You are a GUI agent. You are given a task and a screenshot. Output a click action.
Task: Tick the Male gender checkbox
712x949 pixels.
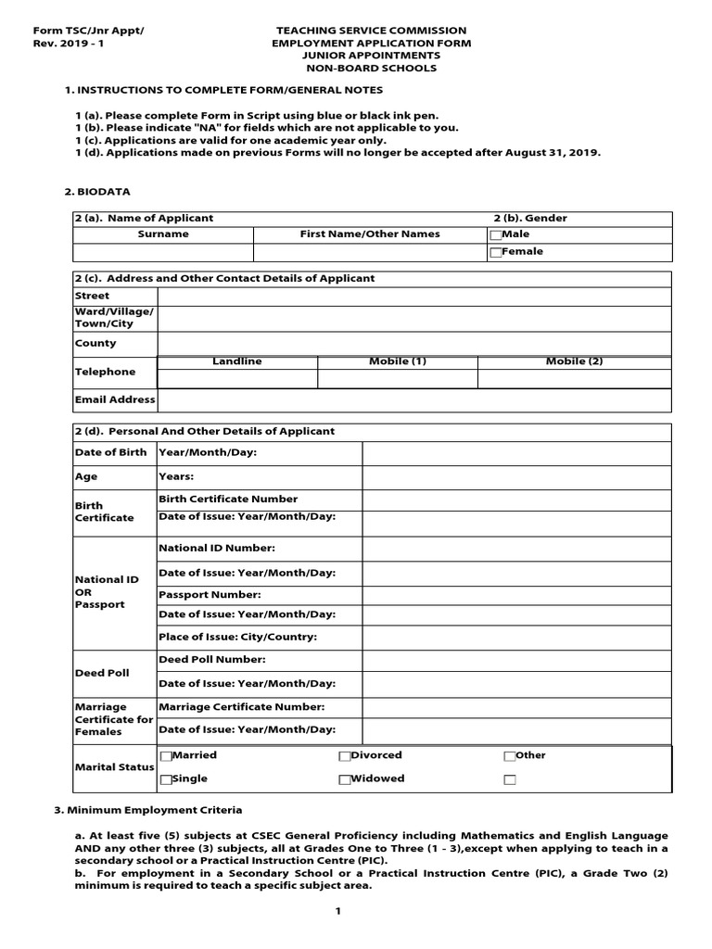click(495, 235)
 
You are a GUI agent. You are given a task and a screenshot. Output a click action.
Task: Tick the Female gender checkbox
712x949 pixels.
click(495, 252)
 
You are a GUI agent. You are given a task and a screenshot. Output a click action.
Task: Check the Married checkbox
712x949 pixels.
click(166, 756)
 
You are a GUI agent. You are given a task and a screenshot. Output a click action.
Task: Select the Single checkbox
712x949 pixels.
click(166, 780)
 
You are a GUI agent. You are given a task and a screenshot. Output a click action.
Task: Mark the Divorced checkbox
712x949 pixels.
click(344, 756)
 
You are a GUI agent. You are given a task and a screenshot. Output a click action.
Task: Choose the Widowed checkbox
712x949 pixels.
click(344, 780)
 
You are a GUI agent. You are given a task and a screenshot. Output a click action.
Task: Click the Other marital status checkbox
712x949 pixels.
click(509, 756)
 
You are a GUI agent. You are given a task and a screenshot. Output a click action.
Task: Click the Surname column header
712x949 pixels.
click(163, 234)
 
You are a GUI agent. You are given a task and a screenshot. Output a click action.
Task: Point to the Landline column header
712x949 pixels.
click(237, 361)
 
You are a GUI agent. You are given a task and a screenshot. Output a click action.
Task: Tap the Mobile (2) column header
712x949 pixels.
click(574, 361)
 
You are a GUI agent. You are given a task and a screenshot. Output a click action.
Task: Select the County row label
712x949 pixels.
click(95, 343)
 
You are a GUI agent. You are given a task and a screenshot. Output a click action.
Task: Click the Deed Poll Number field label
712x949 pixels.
click(212, 660)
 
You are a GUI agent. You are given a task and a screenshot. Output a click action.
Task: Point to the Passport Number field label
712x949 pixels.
click(210, 594)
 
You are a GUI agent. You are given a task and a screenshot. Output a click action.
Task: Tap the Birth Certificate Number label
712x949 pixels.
click(228, 500)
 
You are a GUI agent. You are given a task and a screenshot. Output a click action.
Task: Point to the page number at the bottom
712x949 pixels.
click(338, 912)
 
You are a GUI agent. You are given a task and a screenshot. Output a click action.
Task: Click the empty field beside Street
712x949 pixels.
click(414, 297)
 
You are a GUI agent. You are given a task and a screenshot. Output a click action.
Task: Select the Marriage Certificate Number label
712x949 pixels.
click(241, 707)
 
